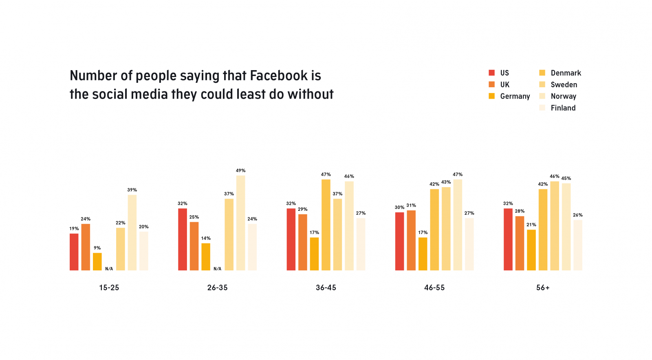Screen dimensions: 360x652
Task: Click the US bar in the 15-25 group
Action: [74, 252]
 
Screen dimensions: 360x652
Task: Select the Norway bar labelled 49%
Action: [240, 223]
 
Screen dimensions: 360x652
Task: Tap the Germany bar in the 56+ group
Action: [531, 250]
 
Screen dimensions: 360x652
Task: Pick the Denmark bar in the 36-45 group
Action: [326, 225]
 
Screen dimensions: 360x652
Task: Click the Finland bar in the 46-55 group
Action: [469, 244]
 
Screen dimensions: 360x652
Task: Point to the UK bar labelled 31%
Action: [411, 240]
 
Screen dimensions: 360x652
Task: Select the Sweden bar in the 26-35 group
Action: [229, 234]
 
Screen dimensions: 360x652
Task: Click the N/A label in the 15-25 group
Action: [109, 269]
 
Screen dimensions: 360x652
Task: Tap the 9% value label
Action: [97, 248]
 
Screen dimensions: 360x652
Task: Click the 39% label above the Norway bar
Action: [132, 190]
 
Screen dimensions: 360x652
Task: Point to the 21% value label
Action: [531, 225]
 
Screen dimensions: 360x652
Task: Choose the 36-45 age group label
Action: [326, 287]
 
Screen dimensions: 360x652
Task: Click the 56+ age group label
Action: [543, 287]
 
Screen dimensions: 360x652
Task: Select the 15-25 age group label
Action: [109, 287]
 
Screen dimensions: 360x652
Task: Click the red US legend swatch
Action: [491, 73]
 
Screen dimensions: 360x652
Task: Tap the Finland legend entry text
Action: [563, 108]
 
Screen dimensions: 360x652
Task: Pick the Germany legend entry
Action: [515, 96]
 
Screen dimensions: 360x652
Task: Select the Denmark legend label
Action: [566, 73]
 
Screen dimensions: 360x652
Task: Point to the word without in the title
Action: [311, 94]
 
